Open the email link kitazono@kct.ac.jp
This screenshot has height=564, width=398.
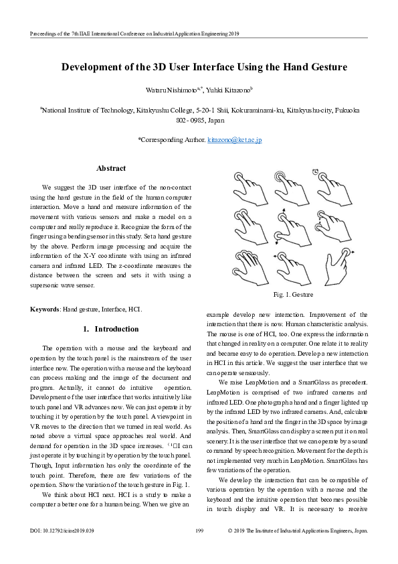234,140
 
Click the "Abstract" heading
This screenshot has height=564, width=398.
111,169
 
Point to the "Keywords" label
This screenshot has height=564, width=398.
45,309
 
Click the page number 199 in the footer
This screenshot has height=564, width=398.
199,549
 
